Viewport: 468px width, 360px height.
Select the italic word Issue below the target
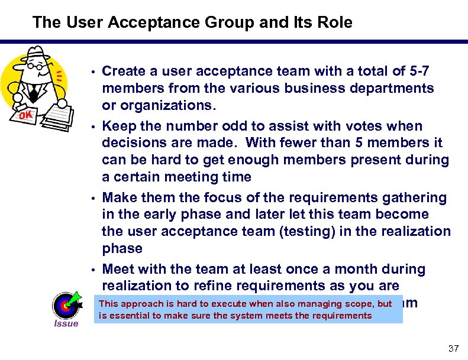(x=66, y=323)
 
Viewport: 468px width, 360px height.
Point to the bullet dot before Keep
(x=95, y=127)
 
